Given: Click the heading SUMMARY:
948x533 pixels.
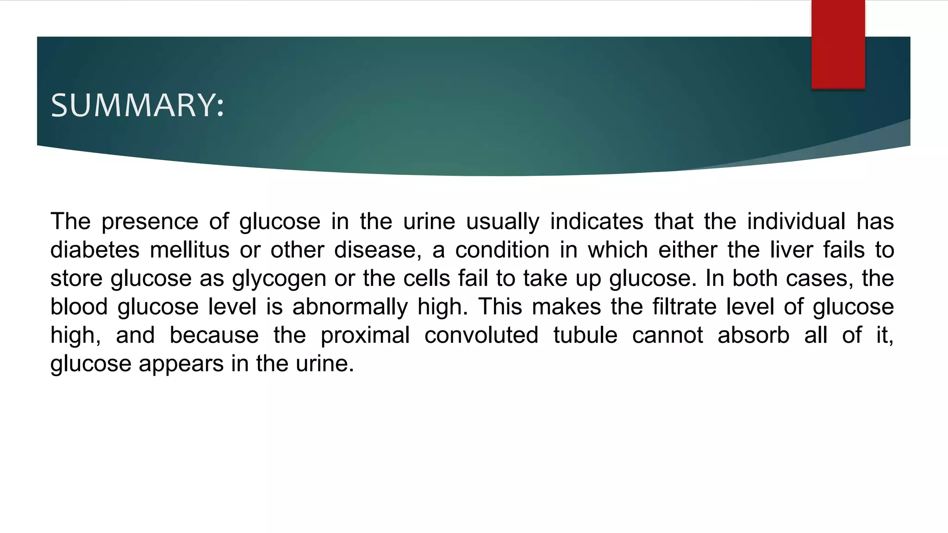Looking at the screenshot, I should point(137,105).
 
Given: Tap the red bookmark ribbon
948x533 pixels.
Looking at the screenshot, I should point(838,44).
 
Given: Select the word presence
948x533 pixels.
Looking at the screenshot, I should point(150,222).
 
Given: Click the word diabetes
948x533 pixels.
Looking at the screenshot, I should point(95,250).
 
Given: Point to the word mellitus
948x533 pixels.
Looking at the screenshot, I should point(190,250).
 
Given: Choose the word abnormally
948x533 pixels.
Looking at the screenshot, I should point(350,307).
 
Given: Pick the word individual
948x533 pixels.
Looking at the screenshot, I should point(796,222).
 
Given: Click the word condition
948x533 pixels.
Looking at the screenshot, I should point(502,250).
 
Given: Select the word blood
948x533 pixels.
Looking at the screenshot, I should point(79,307).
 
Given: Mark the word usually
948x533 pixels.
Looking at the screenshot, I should point(503,222).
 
